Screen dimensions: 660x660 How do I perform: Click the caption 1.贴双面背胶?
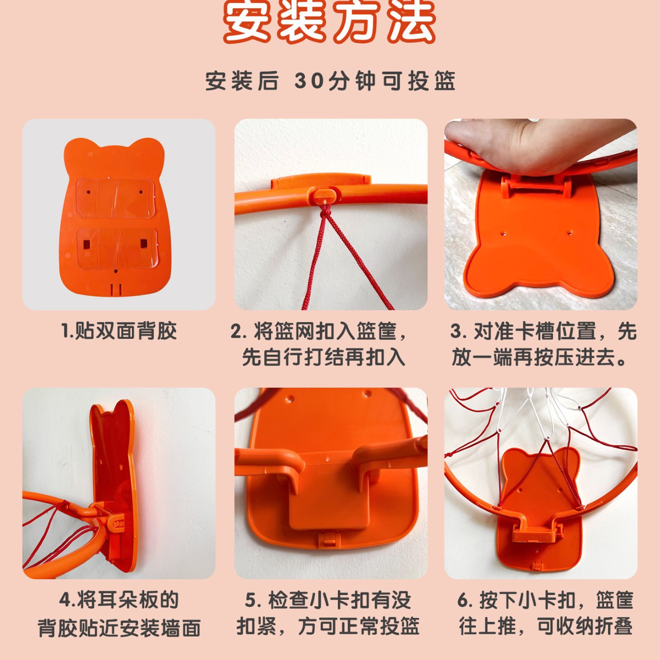pos(119,331)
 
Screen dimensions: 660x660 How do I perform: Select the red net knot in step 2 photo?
pos(325,210)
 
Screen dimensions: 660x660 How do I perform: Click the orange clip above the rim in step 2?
pos(320,182)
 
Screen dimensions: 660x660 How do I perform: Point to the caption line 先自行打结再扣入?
pos(324,357)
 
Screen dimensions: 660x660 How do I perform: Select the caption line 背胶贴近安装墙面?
pos(119,628)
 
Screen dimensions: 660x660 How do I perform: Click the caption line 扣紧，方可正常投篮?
pos(328,627)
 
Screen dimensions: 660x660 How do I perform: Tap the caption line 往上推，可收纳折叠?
pos(546,627)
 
